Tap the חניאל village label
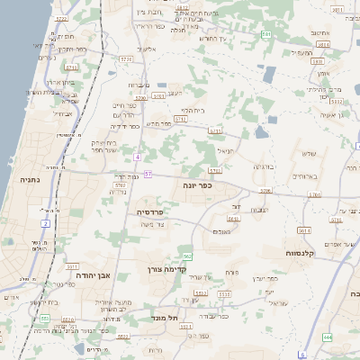[x=225, y=151]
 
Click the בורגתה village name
[x=264, y=167]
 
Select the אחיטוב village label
[x=321, y=33]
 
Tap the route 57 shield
[x=148, y=174]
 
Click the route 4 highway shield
[x=138, y=157]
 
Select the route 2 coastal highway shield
[x=45, y=222]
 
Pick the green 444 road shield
[x=327, y=337]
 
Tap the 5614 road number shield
[x=304, y=229]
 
